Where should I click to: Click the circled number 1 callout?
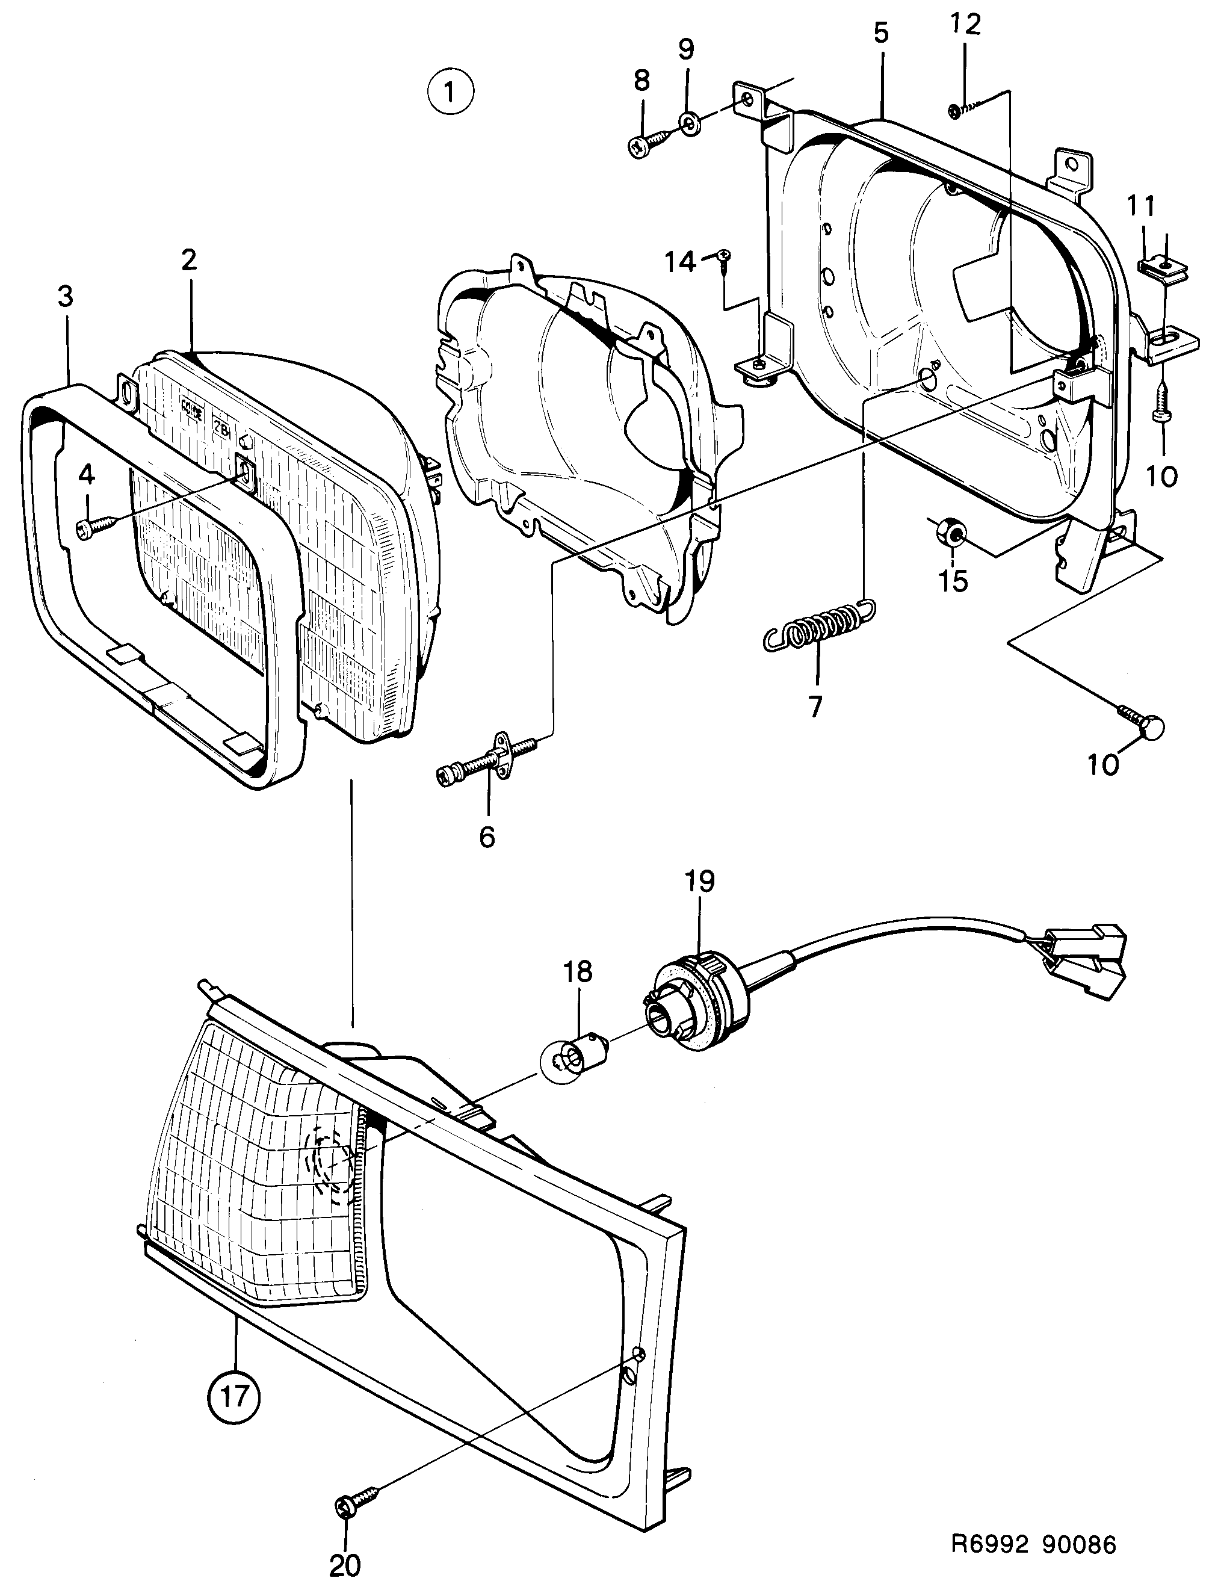click(450, 91)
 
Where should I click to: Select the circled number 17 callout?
click(233, 1395)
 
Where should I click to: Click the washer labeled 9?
click(688, 124)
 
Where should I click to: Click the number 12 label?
click(965, 25)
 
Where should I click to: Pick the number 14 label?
click(681, 261)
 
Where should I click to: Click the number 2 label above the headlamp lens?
click(189, 259)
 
